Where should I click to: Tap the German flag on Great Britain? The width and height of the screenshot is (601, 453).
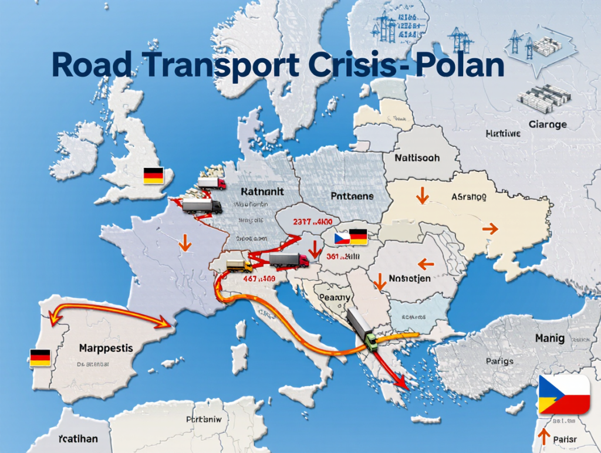pyautogui.click(x=153, y=175)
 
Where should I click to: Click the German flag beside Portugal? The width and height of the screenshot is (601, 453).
pyautogui.click(x=39, y=357)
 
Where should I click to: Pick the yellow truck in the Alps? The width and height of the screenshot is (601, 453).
pyautogui.click(x=239, y=265)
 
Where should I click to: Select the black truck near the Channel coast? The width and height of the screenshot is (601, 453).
pyautogui.click(x=201, y=206)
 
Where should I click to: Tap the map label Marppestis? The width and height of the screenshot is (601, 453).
pyautogui.click(x=106, y=348)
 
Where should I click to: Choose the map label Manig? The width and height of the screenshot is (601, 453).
pyautogui.click(x=549, y=339)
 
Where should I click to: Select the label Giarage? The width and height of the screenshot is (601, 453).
pyautogui.click(x=547, y=124)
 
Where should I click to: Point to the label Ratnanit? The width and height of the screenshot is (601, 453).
pyautogui.click(x=262, y=192)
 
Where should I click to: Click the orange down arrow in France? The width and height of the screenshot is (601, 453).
pyautogui.click(x=185, y=242)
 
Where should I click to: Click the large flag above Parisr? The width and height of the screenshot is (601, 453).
pyautogui.click(x=564, y=394)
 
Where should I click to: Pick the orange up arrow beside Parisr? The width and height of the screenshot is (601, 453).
pyautogui.click(x=544, y=436)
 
